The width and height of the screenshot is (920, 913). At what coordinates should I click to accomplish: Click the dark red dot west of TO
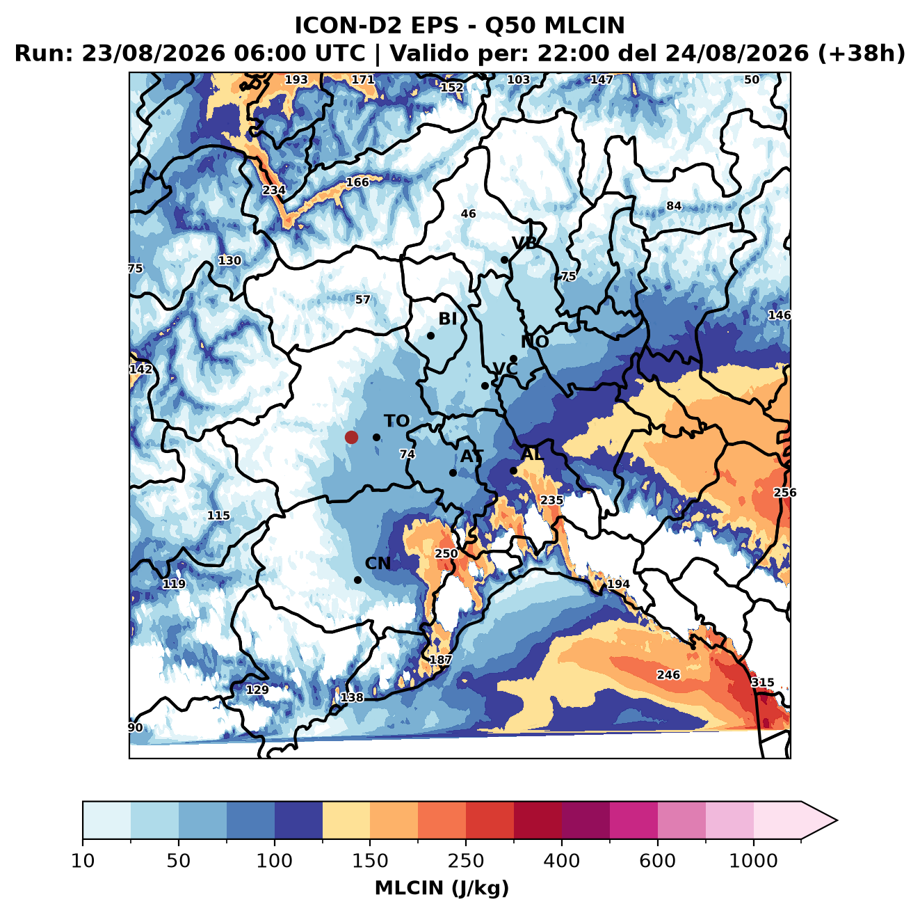(351, 437)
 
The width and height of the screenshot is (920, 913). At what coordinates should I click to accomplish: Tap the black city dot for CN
(357, 580)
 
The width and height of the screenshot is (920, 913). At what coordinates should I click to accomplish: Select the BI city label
(448, 319)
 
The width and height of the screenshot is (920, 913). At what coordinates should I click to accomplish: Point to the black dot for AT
(453, 473)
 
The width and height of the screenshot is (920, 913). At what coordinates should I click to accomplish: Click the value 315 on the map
(762, 682)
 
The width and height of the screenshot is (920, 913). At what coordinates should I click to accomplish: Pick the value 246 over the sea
(668, 674)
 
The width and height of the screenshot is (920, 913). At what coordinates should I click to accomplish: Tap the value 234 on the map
(274, 190)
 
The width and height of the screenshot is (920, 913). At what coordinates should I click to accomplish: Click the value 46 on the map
(469, 214)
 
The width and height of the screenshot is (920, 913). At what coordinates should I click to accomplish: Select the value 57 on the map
(363, 299)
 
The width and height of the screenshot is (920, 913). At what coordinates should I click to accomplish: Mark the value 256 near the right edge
(785, 492)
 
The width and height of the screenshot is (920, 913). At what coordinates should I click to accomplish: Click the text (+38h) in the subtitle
(861, 54)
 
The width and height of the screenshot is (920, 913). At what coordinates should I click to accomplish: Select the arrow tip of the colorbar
(837, 820)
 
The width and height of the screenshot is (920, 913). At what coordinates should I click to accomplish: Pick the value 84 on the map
(674, 206)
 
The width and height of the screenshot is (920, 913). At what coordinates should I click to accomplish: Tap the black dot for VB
(504, 260)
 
